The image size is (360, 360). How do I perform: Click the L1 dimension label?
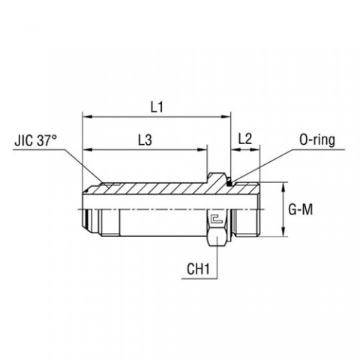point(156,107)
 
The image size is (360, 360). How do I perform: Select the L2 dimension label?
point(244,140)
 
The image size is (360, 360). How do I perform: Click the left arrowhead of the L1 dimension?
point(86,117)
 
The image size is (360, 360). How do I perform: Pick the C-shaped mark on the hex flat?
point(216,220)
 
